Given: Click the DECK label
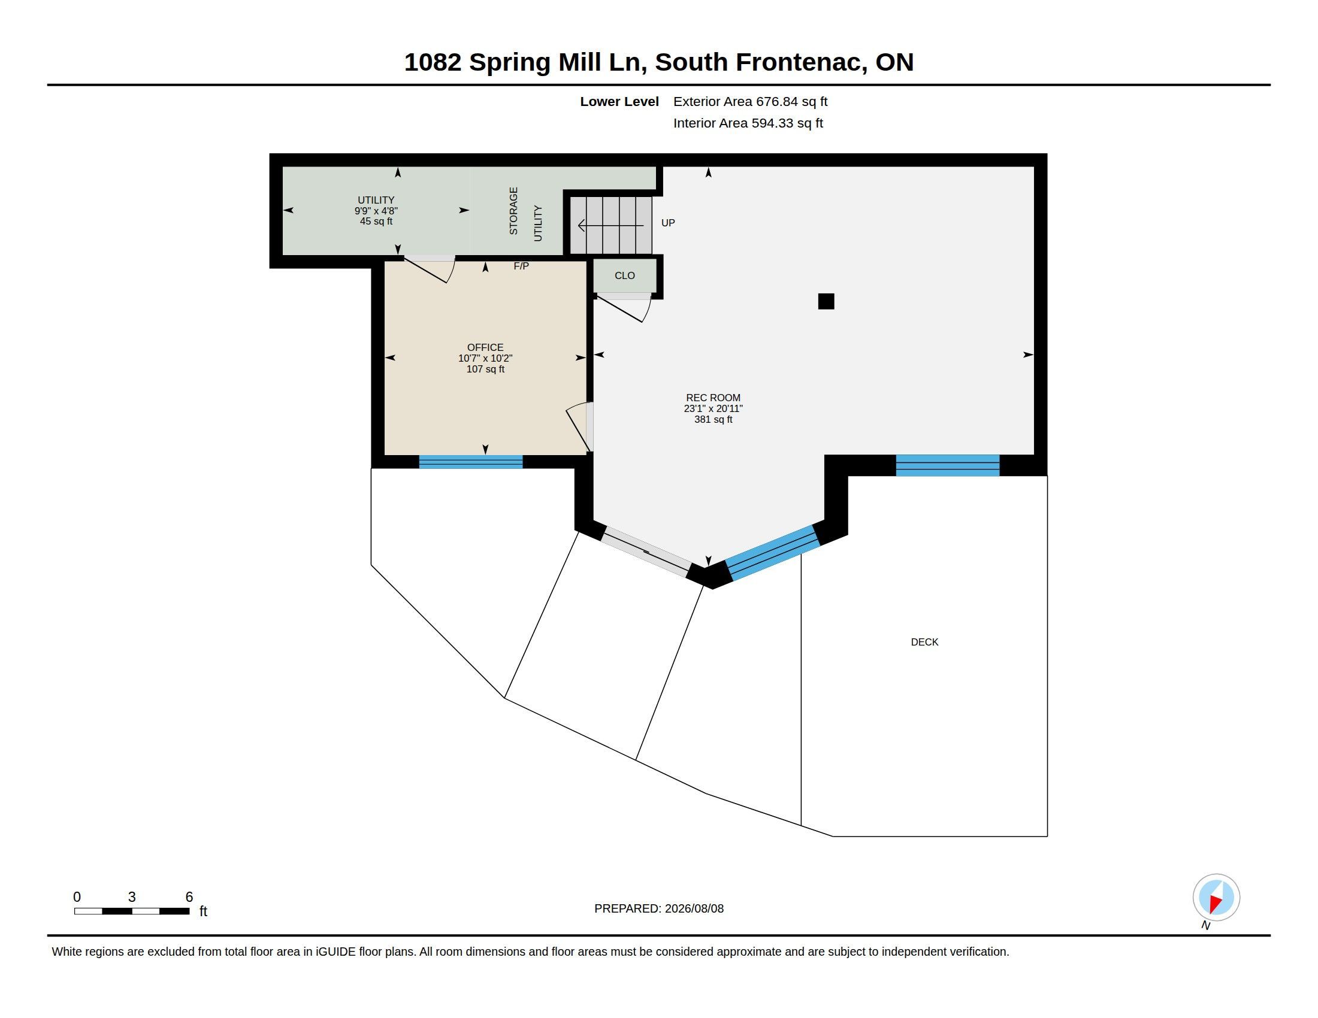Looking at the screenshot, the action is [924, 643].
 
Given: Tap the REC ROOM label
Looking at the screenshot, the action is [713, 398].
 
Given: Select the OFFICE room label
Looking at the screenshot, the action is [485, 347].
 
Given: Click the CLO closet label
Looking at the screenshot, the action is [625, 275].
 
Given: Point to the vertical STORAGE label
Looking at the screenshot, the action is [513, 210].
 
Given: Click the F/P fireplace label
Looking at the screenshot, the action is [521, 266].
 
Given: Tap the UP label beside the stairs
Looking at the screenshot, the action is [668, 223].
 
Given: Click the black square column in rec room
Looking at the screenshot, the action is [826, 302].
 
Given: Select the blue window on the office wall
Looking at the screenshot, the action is [471, 462].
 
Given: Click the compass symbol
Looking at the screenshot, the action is [1216, 898].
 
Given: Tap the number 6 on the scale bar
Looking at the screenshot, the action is [189, 897].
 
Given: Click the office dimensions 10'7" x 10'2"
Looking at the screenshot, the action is [485, 358].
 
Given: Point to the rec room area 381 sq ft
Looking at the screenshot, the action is [713, 419].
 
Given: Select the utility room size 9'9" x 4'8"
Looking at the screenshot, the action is [376, 211].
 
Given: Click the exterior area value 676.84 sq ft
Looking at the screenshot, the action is [792, 101].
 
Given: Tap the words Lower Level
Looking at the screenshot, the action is [619, 101].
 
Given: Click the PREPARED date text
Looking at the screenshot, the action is [659, 908].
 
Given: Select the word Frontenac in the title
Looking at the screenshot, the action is [802, 62].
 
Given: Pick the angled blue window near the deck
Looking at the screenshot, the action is [772, 553].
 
